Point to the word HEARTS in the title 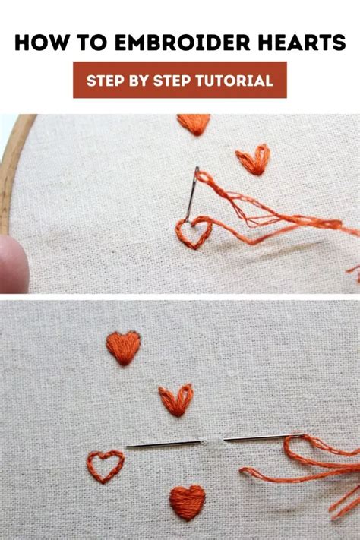click(x=303, y=43)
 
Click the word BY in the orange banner click(x=137, y=81)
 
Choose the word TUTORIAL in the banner click(x=236, y=81)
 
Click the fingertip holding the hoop click(x=12, y=262)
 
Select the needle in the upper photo click(x=191, y=194)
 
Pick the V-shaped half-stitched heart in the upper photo click(x=253, y=160)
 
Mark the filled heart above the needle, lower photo click(x=123, y=347)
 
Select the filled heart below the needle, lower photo click(x=187, y=502)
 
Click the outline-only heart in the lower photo click(x=105, y=465)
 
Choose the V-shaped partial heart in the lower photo click(x=176, y=399)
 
